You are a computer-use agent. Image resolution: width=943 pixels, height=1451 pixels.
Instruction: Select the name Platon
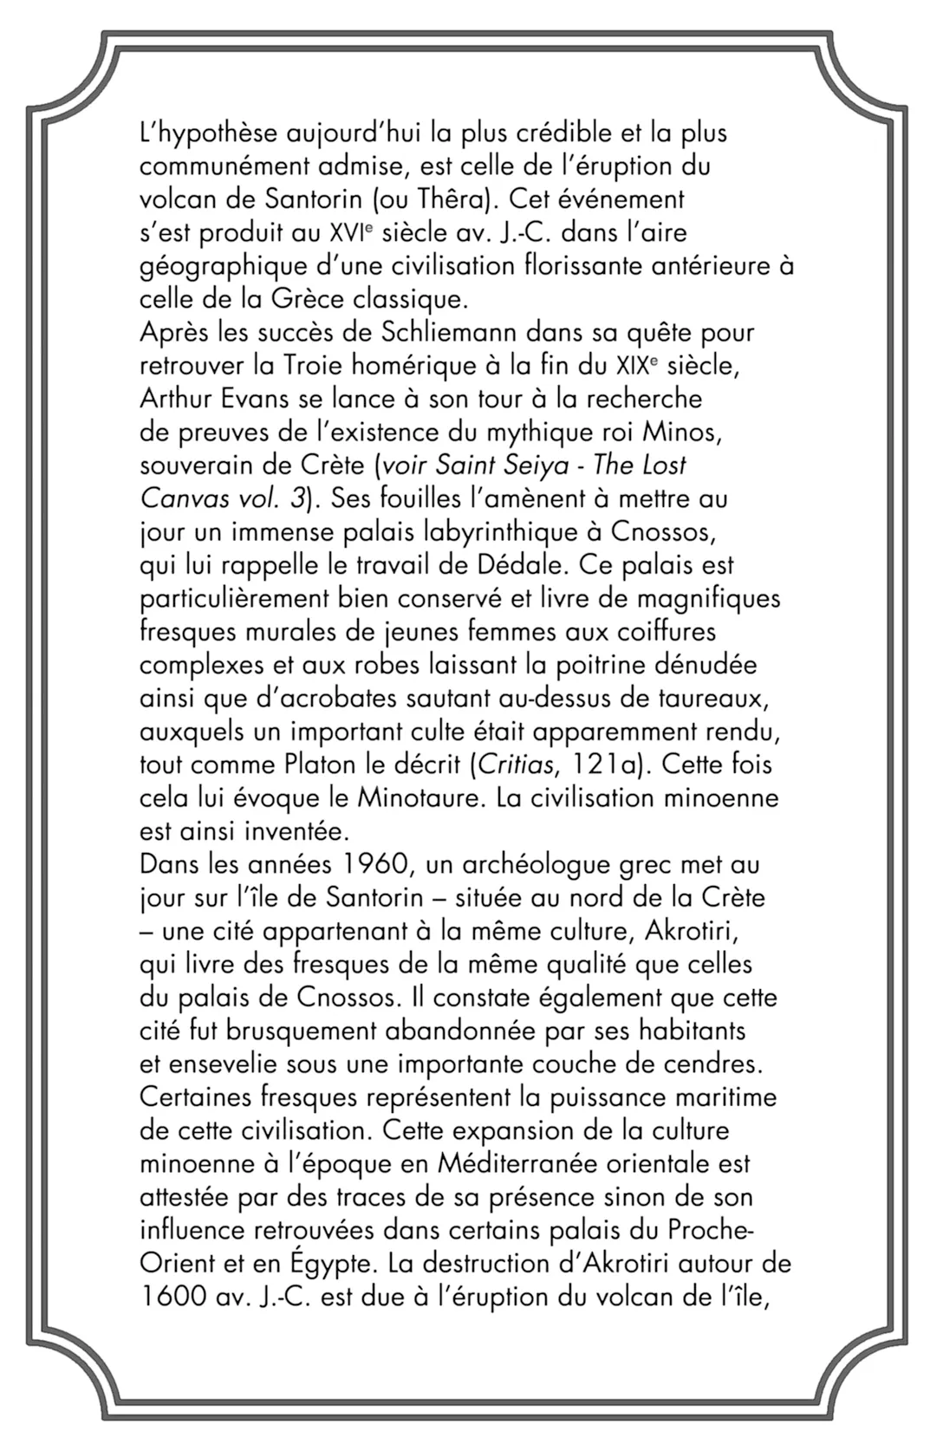[328, 765]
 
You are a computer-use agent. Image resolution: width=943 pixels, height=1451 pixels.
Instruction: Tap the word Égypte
[330, 1265]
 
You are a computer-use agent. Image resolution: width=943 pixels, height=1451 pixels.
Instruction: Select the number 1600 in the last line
[169, 1298]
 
